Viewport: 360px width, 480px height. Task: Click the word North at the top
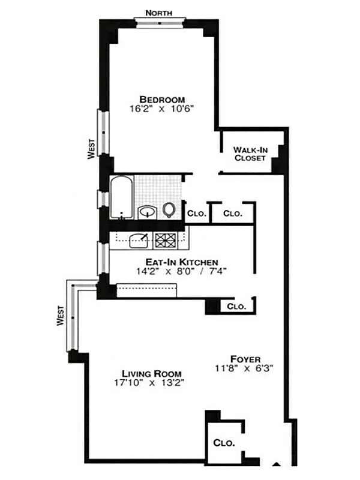pyautogui.click(x=160, y=12)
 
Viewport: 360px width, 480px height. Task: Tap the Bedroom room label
pyautogui.click(x=162, y=99)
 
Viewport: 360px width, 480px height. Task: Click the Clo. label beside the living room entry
pyautogui.click(x=236, y=307)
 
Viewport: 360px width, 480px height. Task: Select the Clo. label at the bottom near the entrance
pyautogui.click(x=224, y=443)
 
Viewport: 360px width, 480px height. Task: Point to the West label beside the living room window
pyautogui.click(x=61, y=316)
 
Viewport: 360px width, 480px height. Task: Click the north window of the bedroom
pyautogui.click(x=160, y=23)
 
